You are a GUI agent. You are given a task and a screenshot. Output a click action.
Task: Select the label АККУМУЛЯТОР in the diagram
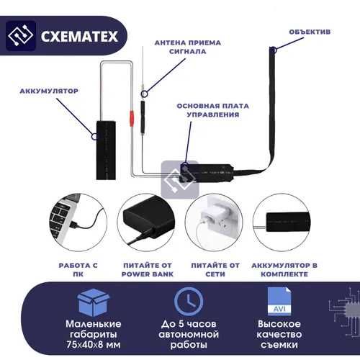click(x=49, y=91)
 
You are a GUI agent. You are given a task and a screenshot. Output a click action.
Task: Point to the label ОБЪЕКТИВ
click(x=310, y=32)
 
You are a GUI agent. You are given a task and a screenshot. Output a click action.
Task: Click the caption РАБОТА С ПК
click(x=78, y=269)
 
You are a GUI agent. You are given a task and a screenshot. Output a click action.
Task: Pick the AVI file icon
click(x=278, y=301)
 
